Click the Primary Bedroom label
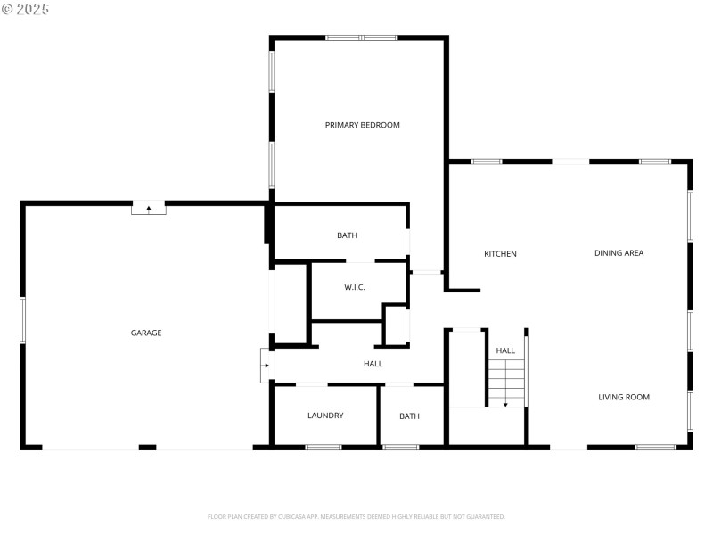[362, 125]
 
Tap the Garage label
[146, 333]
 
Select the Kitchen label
[500, 254]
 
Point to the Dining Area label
[619, 253]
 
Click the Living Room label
[623, 397]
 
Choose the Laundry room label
[325, 416]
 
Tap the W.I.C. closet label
[355, 287]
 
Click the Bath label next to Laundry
[409, 416]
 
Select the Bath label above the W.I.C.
[347, 235]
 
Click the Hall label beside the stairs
[505, 350]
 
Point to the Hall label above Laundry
[373, 364]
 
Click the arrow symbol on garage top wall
[149, 209]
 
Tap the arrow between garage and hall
[266, 366]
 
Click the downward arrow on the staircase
[505, 403]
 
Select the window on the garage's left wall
[22, 320]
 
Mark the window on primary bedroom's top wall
[361, 37]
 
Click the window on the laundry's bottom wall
[324, 447]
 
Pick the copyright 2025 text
[26, 9]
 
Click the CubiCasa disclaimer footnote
[356, 516]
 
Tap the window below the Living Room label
[655, 447]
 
